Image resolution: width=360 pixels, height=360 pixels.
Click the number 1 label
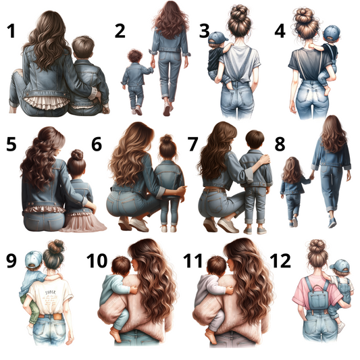(11, 31)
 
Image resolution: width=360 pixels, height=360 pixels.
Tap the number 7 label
(192, 144)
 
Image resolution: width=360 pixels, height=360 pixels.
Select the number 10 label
(97, 261)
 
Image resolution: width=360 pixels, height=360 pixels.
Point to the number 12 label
(280, 261)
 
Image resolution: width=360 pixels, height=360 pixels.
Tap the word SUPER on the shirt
(50, 292)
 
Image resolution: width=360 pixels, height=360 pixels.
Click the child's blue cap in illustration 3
(217, 37)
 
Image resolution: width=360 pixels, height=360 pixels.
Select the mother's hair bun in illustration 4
(304, 16)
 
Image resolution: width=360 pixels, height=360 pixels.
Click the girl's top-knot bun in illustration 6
(166, 138)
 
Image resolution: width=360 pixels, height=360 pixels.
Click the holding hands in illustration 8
(311, 176)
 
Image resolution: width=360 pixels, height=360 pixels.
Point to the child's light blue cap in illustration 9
(34, 259)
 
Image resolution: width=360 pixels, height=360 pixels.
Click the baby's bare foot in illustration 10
(115, 335)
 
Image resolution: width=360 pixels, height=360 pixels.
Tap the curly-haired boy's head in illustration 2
(134, 56)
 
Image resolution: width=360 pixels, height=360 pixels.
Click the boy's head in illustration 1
(83, 47)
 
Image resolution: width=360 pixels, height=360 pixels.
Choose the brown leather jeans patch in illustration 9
(57, 317)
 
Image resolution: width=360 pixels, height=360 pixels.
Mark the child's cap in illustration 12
(340, 266)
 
